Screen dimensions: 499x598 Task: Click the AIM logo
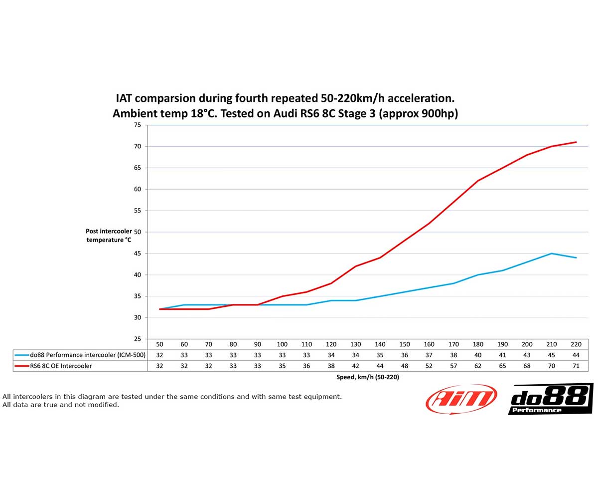click(461, 399)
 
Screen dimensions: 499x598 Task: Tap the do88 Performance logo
click(550, 399)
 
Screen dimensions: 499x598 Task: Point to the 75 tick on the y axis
click(137, 125)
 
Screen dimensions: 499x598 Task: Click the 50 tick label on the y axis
click(137, 232)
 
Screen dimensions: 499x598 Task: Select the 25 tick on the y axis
click(137, 339)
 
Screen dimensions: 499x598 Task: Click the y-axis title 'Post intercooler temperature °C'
click(109, 236)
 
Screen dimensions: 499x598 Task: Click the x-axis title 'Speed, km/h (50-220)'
click(368, 377)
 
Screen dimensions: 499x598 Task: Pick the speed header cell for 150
click(405, 344)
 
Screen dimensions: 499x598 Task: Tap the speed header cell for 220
click(576, 344)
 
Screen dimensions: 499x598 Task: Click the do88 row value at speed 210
click(552, 355)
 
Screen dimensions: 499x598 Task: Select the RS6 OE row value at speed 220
click(576, 366)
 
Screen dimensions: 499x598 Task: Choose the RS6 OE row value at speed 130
click(356, 366)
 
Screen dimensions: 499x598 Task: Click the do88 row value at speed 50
click(160, 355)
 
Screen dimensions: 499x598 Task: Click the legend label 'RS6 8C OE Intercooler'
click(61, 366)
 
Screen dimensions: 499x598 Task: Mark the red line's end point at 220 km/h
click(576, 142)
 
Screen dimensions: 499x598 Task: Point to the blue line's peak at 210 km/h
click(552, 253)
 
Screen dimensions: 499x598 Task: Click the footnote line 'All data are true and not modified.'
click(61, 405)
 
